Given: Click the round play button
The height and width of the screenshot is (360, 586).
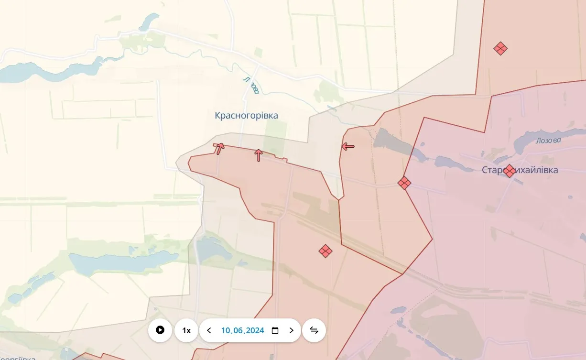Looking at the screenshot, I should click(160, 330).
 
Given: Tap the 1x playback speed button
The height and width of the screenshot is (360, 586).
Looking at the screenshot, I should click(186, 330).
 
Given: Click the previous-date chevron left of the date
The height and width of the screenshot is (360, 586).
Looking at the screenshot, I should click(209, 330).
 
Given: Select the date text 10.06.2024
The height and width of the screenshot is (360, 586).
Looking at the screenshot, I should click(242, 330).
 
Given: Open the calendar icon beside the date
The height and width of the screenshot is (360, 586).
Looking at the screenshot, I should click(275, 330).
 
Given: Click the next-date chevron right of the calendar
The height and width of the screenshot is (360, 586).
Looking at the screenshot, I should click(291, 330).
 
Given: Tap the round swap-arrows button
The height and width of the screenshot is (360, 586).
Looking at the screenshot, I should click(314, 330).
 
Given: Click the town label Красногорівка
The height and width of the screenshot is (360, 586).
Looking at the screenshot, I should click(246, 115).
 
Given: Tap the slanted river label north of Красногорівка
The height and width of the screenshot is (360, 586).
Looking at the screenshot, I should click(251, 86).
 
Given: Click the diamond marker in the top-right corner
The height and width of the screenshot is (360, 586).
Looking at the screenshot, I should click(500, 48).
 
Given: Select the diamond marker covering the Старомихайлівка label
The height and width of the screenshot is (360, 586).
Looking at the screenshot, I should click(510, 171).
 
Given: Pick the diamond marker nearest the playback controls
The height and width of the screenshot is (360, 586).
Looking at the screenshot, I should click(326, 251).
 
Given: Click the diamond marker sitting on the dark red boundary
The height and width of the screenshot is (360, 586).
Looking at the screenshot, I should click(404, 183).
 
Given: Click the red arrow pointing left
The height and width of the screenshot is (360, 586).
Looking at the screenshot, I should click(348, 146).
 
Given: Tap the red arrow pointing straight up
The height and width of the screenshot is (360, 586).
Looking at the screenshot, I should click(259, 155).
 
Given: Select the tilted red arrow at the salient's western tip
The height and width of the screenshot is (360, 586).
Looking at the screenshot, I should click(219, 148).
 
